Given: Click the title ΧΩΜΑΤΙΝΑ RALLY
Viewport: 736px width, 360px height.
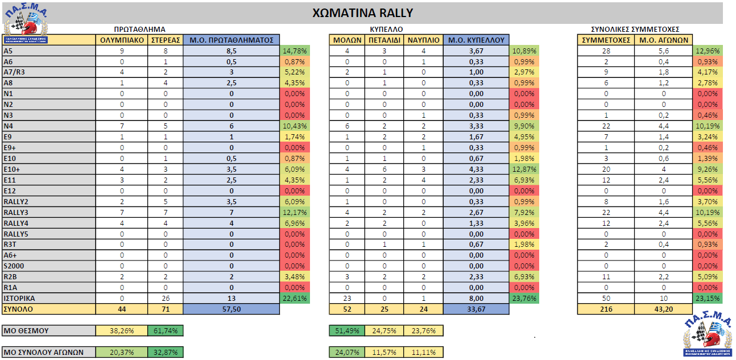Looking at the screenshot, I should click(x=363, y=13).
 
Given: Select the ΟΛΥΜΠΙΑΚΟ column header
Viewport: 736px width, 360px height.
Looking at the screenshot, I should click(x=121, y=40).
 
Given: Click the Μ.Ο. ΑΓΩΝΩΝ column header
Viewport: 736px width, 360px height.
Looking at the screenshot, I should click(x=664, y=40).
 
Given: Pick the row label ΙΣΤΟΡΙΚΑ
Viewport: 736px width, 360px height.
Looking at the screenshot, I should click(x=20, y=299).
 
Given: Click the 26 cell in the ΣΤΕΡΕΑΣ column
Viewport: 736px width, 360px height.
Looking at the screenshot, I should click(x=165, y=299).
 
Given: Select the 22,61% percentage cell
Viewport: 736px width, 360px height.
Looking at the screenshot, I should click(x=294, y=299).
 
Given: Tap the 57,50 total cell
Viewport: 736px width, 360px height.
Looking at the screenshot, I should click(x=231, y=309).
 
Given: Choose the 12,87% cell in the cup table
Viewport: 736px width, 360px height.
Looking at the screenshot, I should click(x=524, y=169).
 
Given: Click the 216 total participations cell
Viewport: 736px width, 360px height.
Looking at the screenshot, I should click(x=606, y=309).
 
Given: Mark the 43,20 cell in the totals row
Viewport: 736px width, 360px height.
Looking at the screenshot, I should click(x=664, y=309).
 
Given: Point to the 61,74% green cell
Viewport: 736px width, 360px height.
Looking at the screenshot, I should click(x=165, y=330).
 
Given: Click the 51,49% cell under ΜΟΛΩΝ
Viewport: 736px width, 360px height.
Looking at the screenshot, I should click(x=347, y=330).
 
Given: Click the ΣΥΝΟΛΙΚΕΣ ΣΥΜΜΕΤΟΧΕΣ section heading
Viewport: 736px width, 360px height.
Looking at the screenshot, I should click(x=635, y=28).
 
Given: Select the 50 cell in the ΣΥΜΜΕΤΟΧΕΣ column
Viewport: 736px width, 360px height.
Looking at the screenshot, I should click(x=606, y=299).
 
